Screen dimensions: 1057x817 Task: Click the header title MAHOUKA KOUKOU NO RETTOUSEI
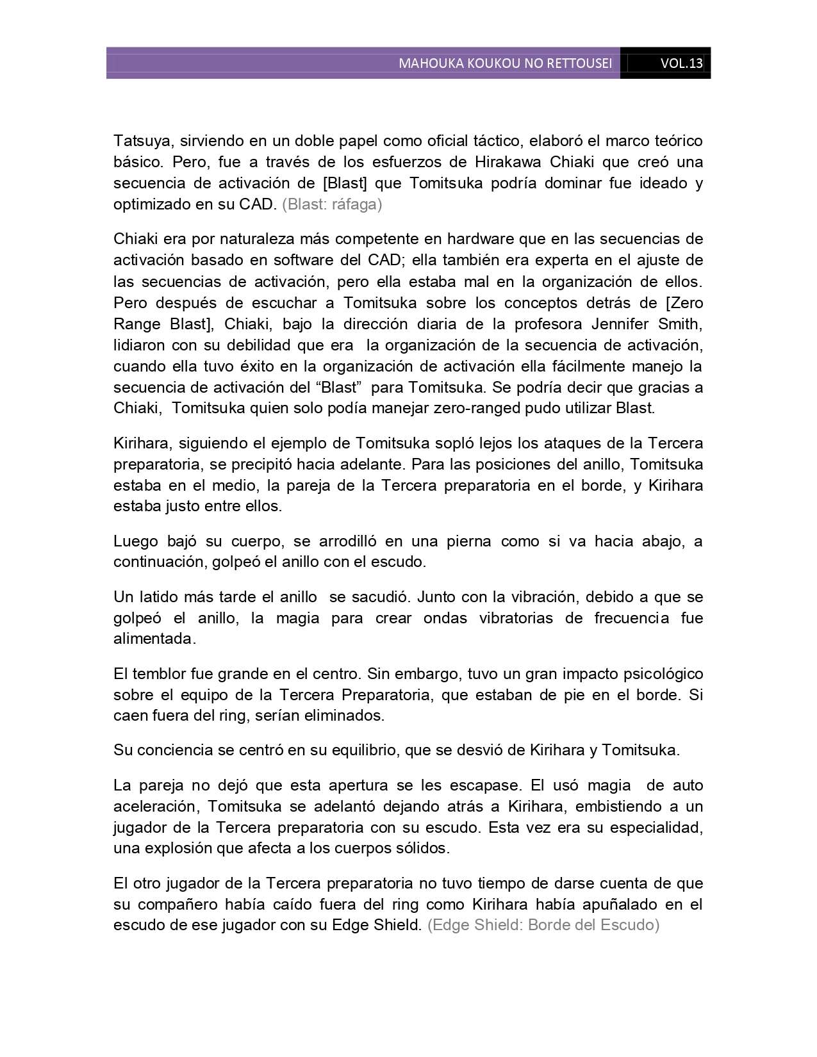(x=505, y=63)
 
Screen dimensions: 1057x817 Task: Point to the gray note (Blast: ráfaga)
(x=332, y=204)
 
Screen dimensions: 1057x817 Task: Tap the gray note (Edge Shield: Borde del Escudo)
(x=543, y=925)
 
